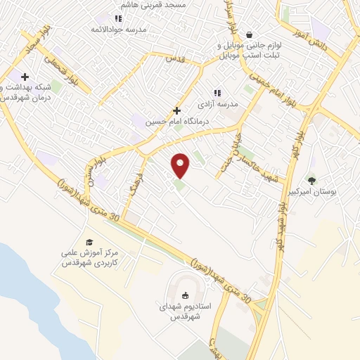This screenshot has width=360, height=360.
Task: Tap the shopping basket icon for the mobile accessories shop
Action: [x=250, y=34]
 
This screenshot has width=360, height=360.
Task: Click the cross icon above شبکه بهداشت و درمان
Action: [x=25, y=77]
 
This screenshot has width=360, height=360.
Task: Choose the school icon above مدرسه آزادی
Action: [x=217, y=92]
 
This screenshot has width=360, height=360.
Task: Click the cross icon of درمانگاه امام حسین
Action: [x=177, y=110]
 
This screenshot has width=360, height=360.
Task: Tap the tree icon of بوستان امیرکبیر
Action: [x=311, y=180]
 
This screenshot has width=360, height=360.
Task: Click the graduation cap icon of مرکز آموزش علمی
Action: [x=89, y=242]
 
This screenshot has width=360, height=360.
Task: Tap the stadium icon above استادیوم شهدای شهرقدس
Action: [x=186, y=295]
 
